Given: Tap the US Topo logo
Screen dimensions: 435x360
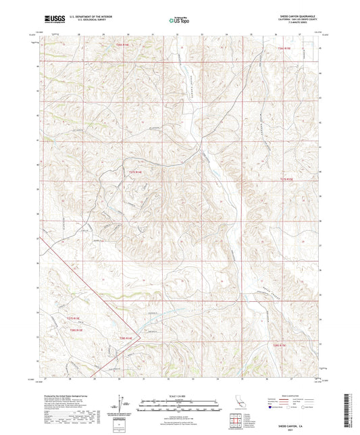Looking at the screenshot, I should [179, 20].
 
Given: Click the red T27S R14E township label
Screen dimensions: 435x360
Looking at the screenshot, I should [138, 172].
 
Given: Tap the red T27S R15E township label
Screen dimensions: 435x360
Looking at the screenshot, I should [287, 179].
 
